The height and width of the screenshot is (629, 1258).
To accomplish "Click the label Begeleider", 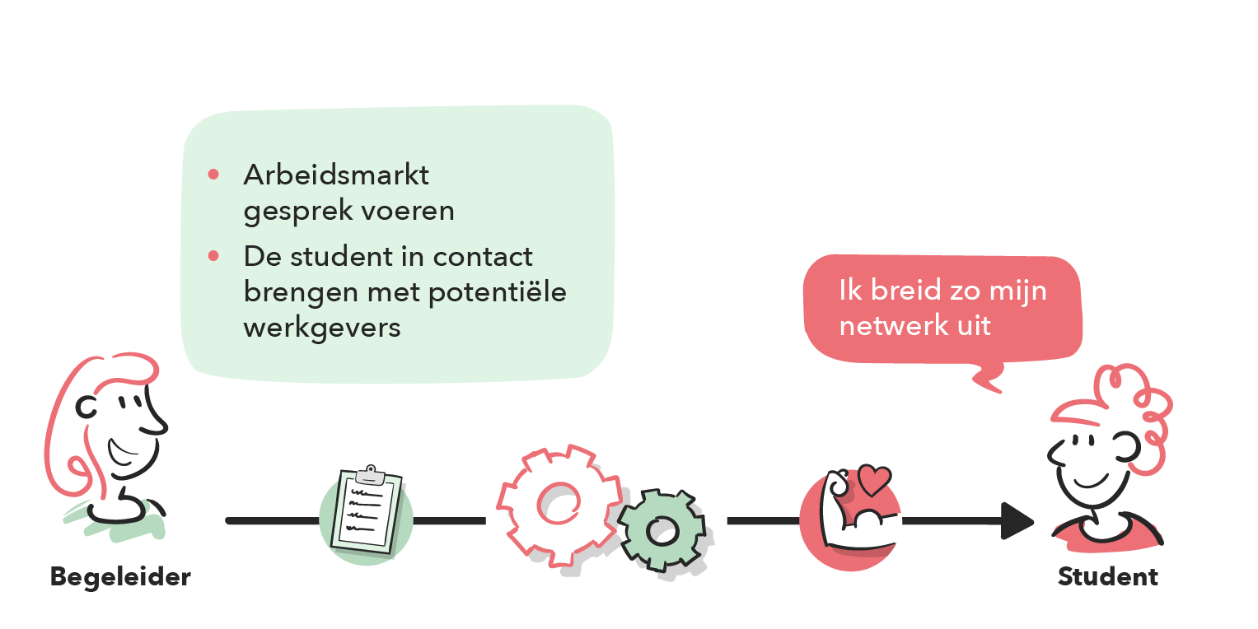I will point(120,576).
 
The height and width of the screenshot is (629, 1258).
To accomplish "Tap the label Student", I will point(1107,576).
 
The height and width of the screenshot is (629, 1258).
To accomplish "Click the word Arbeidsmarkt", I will point(336,175).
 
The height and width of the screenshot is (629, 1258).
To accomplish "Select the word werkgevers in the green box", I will point(322,327).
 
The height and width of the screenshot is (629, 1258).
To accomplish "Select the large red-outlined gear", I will point(558,505).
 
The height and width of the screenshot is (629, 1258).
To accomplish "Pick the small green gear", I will point(662,530).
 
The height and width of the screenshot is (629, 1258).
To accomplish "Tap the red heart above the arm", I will point(874,478).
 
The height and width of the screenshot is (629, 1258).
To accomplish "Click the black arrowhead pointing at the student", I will point(1018,520).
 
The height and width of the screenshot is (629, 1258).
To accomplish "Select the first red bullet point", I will point(213,175).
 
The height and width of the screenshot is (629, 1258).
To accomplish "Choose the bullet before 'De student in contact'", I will point(213,256).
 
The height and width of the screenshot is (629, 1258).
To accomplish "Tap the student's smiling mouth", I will point(1089,481).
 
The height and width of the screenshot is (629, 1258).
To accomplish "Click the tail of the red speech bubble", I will point(987,380).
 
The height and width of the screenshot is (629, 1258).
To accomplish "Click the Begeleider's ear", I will point(86,405).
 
